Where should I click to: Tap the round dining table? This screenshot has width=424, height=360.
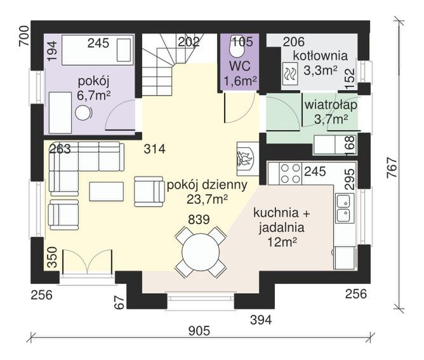201,252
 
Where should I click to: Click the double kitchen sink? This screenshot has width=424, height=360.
345,208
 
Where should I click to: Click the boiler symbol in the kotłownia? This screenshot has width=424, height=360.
290,72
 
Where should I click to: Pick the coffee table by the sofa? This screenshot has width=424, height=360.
106,191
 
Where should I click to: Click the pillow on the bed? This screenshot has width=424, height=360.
124,50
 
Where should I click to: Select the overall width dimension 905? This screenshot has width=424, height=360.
199,331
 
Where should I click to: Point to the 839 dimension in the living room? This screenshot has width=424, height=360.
199,219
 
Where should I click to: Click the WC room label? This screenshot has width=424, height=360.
239,66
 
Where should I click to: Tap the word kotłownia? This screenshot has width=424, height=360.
321,56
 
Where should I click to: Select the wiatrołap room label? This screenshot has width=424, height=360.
331,105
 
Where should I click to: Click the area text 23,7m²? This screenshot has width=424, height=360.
206,199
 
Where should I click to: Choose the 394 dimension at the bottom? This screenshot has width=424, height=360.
261,320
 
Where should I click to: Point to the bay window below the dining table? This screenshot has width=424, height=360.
201,298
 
